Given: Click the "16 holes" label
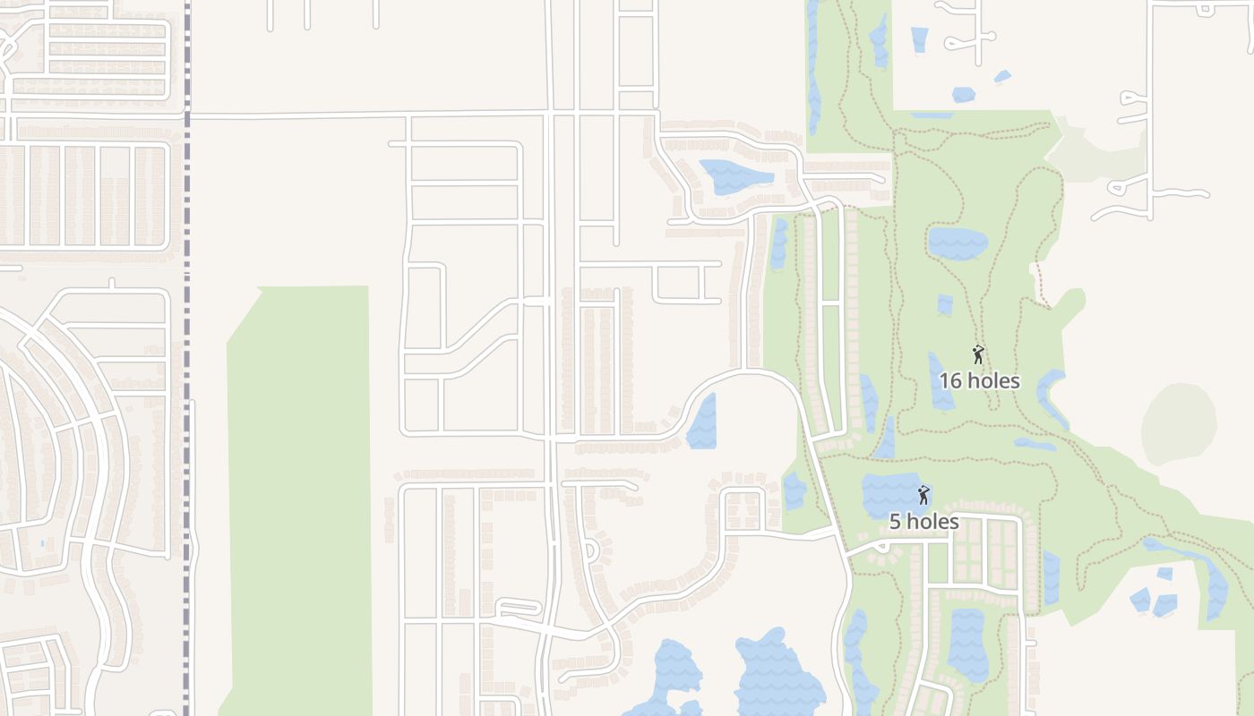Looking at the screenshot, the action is [x=978, y=380].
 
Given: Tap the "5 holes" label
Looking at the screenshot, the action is [x=923, y=521].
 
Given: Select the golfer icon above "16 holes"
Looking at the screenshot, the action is [x=978, y=354].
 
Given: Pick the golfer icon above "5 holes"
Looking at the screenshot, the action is [x=923, y=494].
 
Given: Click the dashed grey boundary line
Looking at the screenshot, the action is [x=186, y=358].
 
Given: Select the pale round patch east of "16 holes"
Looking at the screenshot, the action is [x=1179, y=424].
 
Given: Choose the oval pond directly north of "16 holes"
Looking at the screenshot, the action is [x=958, y=243].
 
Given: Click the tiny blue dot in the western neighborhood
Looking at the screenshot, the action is [x=42, y=542].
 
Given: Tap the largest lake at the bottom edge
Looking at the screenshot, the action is [x=777, y=676].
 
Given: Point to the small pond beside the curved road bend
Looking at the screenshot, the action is [x=703, y=422].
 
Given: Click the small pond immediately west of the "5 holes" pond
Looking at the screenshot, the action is [x=794, y=491].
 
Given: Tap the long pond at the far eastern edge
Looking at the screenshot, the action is [x=1215, y=586].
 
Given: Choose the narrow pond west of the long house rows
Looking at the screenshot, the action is [x=779, y=244].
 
